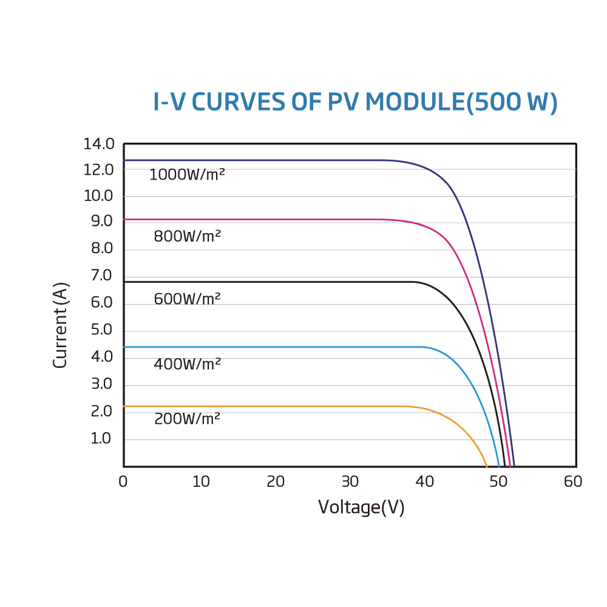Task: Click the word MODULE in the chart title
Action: pos(415,103)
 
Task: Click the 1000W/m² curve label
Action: pos(187,175)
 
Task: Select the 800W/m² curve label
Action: pos(187,236)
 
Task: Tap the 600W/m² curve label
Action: pos(187,299)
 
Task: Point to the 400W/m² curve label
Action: pos(187,364)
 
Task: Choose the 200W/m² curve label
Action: pos(187,419)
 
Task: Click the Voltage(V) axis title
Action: pos(361,507)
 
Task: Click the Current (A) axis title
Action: pos(60,325)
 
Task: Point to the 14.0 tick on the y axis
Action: pos(99,144)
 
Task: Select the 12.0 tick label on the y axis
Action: pos(99,170)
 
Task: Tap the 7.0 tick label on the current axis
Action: pos(101,276)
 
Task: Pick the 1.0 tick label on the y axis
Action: pos(101,438)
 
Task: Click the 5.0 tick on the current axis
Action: pos(101,330)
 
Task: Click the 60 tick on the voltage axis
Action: pos(573,482)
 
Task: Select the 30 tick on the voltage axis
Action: pos(350,482)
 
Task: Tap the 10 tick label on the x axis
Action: pos(201,482)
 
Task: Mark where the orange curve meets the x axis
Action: pos(487,466)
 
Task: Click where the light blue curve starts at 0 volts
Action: pos(124,347)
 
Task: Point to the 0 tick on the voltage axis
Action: pos(123,482)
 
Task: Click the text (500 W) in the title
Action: pos(512,103)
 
